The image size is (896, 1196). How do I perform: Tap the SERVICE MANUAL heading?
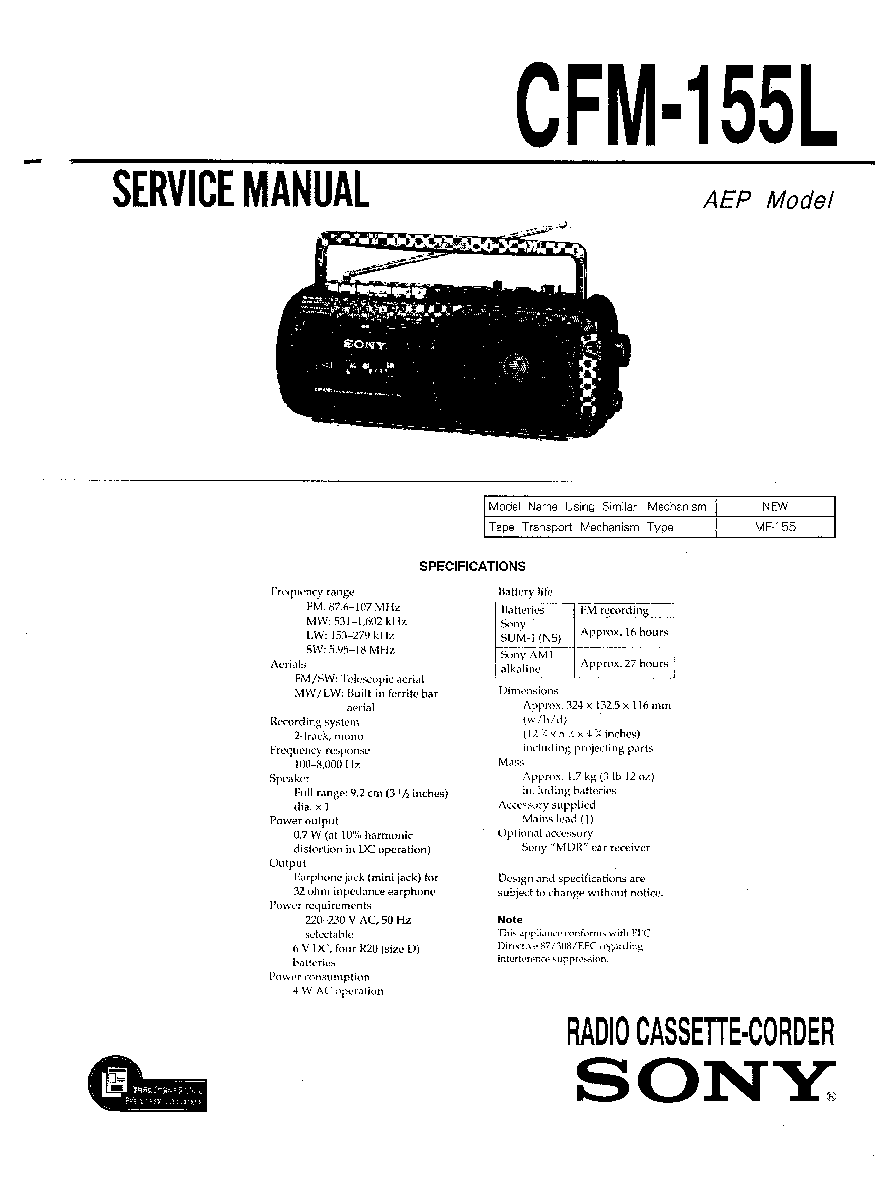click(241, 189)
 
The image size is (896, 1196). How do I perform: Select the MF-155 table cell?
click(775, 527)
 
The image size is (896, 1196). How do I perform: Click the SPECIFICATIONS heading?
click(472, 566)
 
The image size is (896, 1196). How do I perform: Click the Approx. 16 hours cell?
click(624, 632)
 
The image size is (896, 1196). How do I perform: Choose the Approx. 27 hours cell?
click(624, 663)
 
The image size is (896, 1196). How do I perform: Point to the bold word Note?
click(510, 920)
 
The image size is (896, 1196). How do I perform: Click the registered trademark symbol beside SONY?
click(831, 1097)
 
